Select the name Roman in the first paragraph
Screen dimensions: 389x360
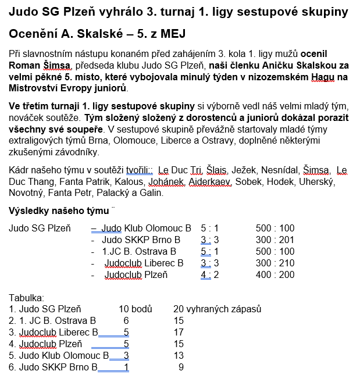pos(25,65)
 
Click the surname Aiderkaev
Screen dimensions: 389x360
pos(211,182)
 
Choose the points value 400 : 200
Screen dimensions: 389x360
pos(275,275)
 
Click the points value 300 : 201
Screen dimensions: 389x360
pos(275,240)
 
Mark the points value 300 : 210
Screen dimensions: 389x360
pos(275,263)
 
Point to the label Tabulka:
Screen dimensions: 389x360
pos(27,298)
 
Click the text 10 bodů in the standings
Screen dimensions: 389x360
pos(135,309)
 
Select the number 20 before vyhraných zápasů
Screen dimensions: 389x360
pos(179,309)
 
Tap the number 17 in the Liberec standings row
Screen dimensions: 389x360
pos(179,332)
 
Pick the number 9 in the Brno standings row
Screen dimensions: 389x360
pos(181,367)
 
